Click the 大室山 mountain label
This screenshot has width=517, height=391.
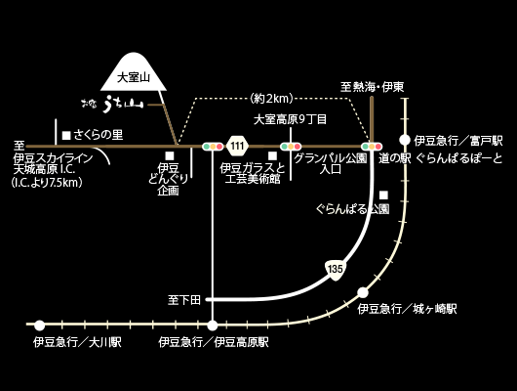[134, 77]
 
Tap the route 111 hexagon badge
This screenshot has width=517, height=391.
[237, 146]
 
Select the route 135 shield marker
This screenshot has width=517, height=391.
[336, 269]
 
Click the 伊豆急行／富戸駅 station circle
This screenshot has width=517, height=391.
[405, 140]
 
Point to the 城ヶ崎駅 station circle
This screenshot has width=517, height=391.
[363, 292]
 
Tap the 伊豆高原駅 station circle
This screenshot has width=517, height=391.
[213, 326]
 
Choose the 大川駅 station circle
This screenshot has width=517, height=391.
[40, 326]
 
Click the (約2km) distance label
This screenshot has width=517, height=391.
[271, 98]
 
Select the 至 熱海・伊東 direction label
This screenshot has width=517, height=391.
[373, 87]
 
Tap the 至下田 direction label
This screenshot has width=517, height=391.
[184, 300]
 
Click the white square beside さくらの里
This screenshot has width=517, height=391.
[66, 135]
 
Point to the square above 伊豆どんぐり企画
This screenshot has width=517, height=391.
[170, 155]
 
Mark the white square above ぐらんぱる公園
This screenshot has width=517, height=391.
[383, 195]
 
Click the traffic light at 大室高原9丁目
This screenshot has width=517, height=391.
[291, 147]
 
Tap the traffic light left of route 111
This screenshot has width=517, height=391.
[213, 147]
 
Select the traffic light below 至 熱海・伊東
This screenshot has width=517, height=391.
[372, 147]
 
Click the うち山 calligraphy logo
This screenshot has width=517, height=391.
[113, 105]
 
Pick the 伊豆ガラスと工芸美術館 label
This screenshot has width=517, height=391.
[253, 174]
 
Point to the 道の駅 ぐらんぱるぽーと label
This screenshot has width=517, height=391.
[441, 158]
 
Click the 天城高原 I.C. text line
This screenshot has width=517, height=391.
[44, 170]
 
